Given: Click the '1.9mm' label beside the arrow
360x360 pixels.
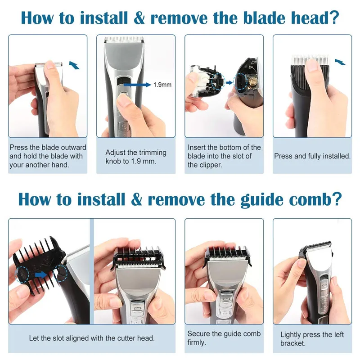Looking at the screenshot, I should [x=162, y=84].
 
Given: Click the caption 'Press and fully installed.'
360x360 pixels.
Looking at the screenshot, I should [x=312, y=156].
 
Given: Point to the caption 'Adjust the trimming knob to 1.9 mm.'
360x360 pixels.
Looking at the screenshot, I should [x=136, y=157].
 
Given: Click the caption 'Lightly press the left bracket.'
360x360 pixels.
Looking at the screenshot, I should [x=312, y=339].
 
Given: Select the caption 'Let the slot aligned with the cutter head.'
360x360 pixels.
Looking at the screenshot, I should [x=92, y=338].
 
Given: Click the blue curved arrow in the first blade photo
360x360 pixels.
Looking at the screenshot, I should [x=75, y=66].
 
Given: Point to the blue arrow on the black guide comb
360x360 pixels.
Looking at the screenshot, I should [x=41, y=273].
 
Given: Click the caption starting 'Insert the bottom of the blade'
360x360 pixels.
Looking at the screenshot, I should [x=224, y=156].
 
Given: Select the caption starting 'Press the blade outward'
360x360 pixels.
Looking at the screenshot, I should [x=48, y=156].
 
